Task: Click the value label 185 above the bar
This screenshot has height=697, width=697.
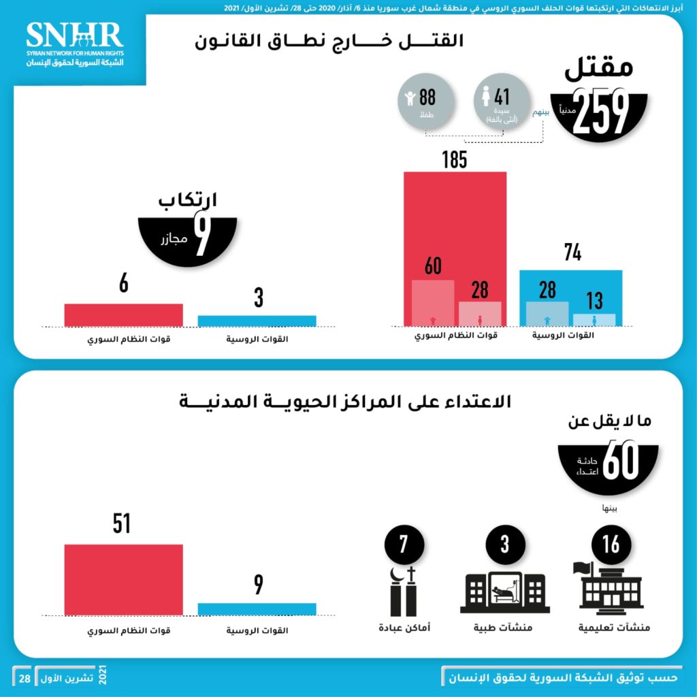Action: [x=454, y=160]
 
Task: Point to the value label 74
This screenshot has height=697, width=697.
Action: [x=572, y=253]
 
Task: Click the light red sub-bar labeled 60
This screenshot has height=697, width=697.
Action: [x=433, y=303]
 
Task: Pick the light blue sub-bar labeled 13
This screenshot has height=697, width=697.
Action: [x=594, y=319]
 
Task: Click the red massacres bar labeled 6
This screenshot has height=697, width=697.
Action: [x=123, y=314]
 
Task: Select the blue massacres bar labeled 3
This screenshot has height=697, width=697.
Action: [x=257, y=321]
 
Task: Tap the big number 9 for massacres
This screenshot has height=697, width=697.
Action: [x=201, y=235]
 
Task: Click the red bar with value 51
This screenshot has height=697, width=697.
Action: [x=123, y=579]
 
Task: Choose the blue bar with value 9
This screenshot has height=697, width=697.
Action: [x=257, y=609]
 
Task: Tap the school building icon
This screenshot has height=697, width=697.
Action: [x=610, y=589]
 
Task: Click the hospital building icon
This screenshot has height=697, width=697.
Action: [x=504, y=591]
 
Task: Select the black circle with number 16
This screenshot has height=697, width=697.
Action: [x=611, y=545]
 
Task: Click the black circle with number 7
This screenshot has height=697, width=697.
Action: [x=404, y=545]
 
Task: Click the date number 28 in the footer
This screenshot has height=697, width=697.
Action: [x=24, y=679]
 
